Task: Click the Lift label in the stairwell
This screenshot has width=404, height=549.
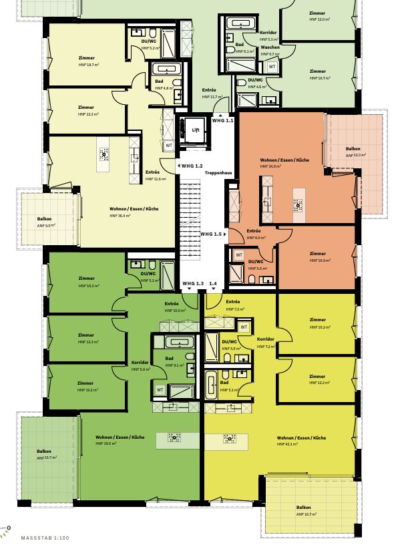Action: (x=196, y=130)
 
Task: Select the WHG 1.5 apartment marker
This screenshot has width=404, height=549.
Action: (x=213, y=234)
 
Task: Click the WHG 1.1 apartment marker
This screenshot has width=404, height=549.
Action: (x=222, y=121)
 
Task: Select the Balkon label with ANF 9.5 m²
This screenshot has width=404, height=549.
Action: (x=44, y=218)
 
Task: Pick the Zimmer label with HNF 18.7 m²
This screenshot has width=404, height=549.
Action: (x=86, y=58)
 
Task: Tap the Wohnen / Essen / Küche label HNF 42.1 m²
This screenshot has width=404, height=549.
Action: (x=301, y=437)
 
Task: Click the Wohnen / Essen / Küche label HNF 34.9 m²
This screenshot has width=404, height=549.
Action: (x=284, y=161)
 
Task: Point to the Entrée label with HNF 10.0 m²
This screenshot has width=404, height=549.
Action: (x=172, y=303)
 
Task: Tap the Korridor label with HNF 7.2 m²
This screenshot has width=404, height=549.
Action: (x=266, y=340)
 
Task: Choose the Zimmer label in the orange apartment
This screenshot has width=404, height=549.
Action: (x=318, y=254)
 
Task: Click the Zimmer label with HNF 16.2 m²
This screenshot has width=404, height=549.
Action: (x=318, y=319)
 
